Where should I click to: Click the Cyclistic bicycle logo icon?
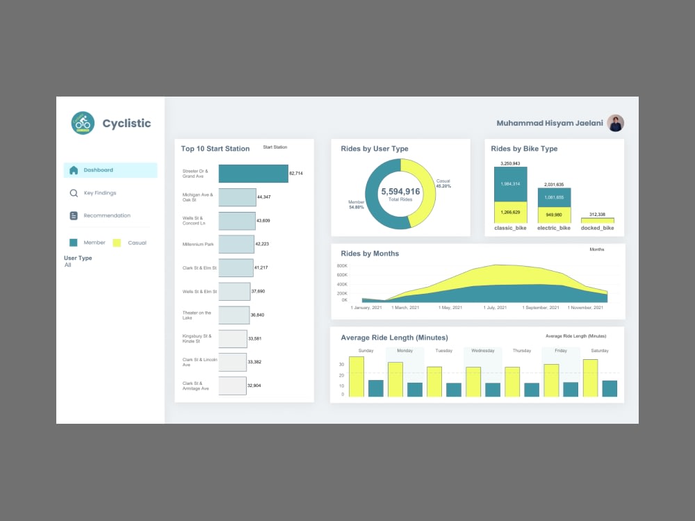(x=83, y=123)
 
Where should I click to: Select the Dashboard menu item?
(x=98, y=170)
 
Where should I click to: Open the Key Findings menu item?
(x=99, y=193)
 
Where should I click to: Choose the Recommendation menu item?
(x=106, y=215)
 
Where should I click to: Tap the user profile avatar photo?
(x=615, y=123)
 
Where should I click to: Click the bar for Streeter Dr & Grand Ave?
(x=253, y=174)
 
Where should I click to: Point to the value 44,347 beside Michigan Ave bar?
(x=264, y=197)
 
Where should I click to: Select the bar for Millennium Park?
(x=236, y=244)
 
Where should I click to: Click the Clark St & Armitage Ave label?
(x=195, y=386)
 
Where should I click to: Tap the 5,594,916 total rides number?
(x=400, y=192)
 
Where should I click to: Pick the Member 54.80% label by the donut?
(x=356, y=204)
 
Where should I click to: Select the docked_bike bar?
(x=597, y=220)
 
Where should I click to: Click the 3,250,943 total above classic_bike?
(x=510, y=163)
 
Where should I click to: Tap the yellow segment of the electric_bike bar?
(x=554, y=215)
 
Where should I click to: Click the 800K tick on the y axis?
(x=342, y=265)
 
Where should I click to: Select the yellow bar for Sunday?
(x=357, y=377)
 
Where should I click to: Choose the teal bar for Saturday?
(x=610, y=388)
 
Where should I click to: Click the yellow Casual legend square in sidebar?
(x=117, y=242)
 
